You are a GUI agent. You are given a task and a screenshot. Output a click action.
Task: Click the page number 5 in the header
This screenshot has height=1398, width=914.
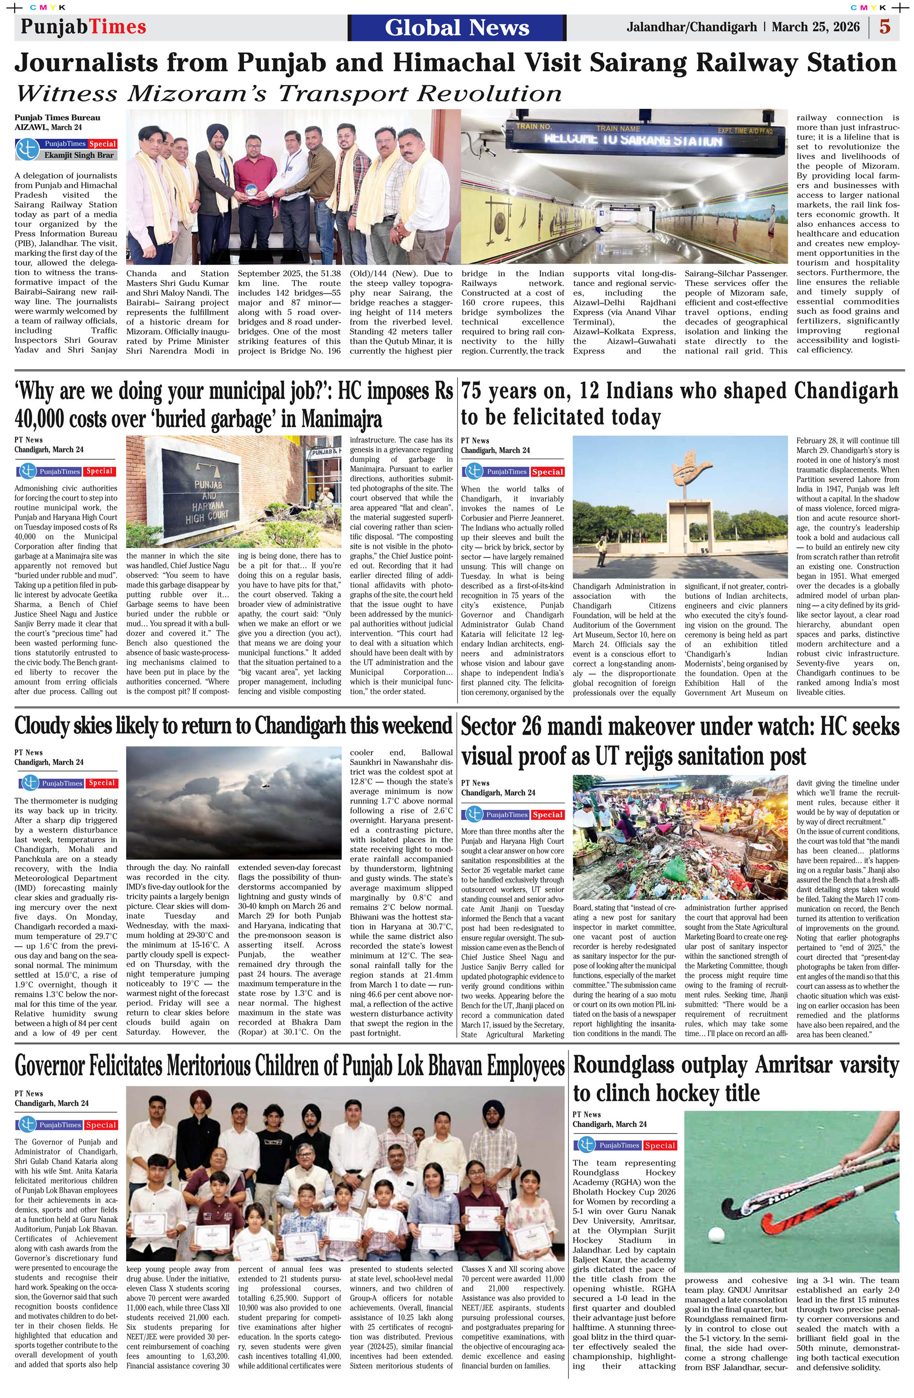[885, 27]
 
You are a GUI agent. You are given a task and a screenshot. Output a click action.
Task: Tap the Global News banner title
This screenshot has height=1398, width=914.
[457, 27]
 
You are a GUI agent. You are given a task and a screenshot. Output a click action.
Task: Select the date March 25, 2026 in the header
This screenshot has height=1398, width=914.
[815, 27]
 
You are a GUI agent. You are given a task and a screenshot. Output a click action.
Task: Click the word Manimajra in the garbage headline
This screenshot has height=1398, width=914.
[342, 419]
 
